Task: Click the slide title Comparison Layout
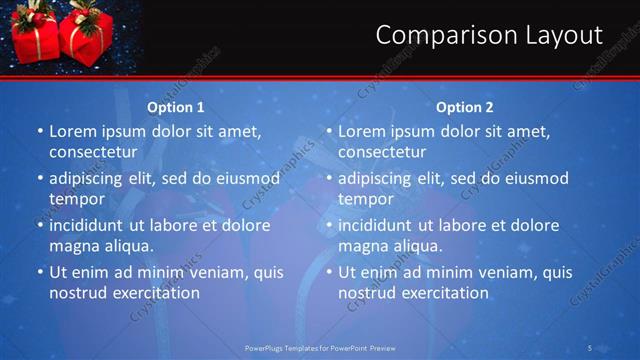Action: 489,36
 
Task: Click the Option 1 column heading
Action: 176,107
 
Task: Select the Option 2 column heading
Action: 465,107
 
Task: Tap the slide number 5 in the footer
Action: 591,348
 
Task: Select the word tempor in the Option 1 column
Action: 76,199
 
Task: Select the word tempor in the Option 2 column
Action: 365,199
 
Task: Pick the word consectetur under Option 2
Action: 382,152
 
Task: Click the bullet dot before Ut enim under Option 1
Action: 40,272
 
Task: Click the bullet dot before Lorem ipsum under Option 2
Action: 329,131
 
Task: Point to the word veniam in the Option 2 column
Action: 508,272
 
